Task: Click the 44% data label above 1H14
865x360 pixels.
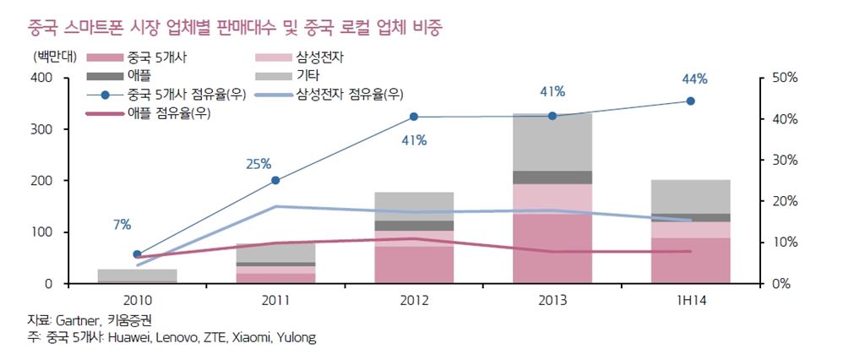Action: pos(694,79)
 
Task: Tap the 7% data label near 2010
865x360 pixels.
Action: pos(122,225)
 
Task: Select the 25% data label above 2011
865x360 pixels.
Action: pos(258,163)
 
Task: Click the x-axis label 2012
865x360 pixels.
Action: pos(414,300)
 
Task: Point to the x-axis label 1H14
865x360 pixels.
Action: pos(690,300)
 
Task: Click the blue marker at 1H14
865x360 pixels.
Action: pos(690,101)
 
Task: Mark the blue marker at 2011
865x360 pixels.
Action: pos(275,180)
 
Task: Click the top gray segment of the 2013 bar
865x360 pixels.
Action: pos(552,142)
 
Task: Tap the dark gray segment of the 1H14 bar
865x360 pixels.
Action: pos(690,218)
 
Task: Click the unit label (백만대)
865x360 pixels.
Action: pos(52,57)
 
